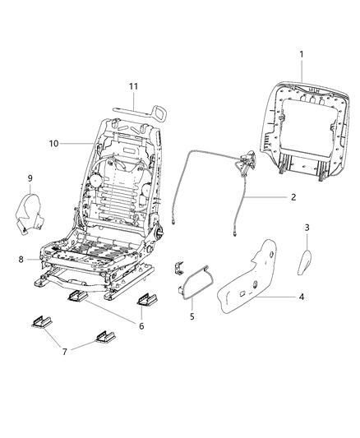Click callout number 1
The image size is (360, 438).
coord(301,54)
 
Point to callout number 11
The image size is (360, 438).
coord(132,86)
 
